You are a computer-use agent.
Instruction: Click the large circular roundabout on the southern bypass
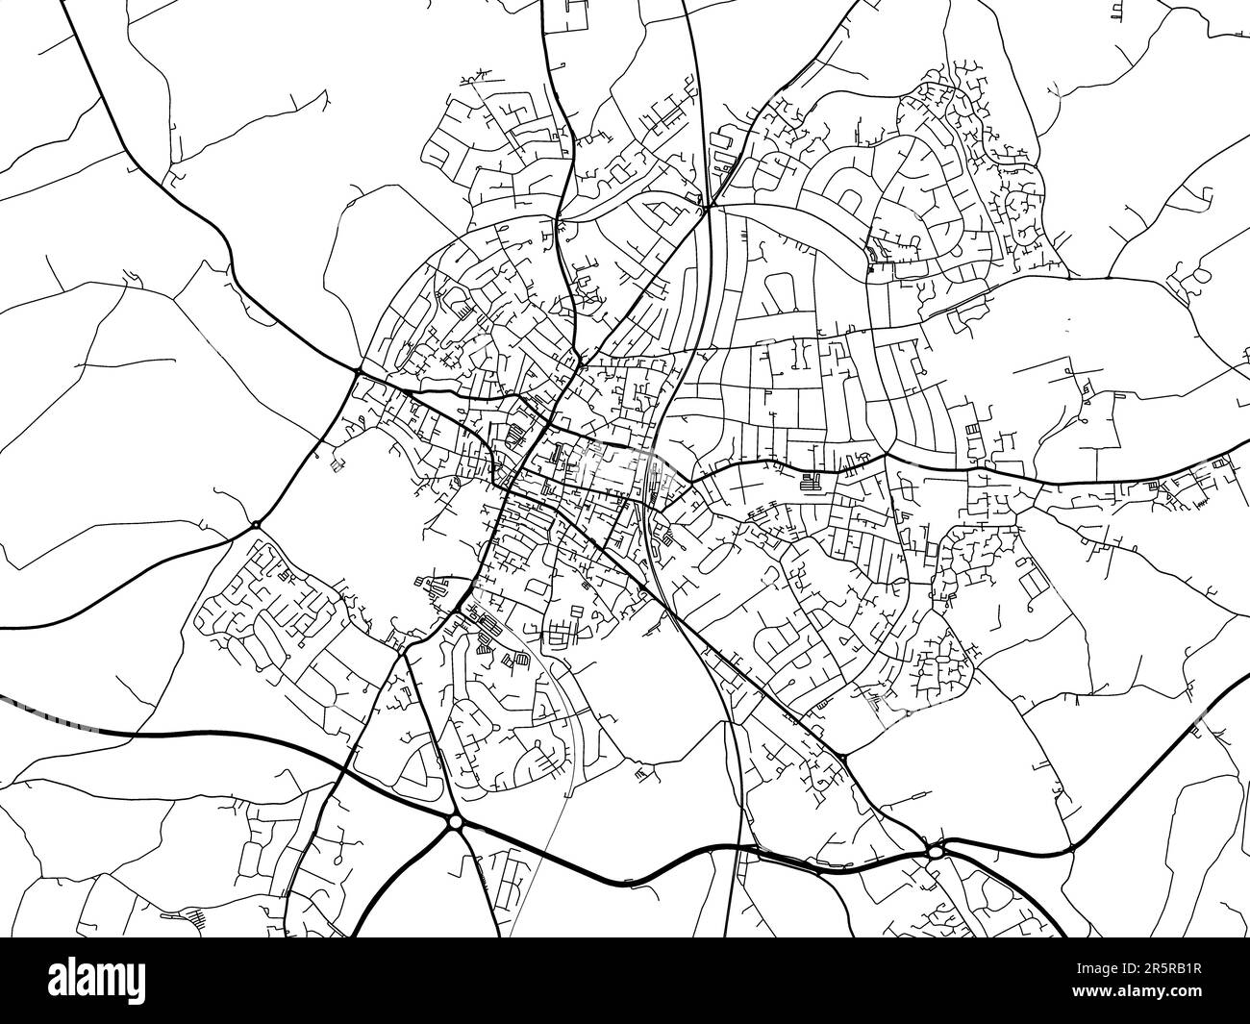(454, 822)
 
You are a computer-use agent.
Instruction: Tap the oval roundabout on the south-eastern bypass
(936, 850)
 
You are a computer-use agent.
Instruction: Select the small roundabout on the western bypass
(256, 524)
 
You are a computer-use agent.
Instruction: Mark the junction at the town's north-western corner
(357, 370)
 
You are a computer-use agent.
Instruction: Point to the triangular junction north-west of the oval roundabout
(844, 761)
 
